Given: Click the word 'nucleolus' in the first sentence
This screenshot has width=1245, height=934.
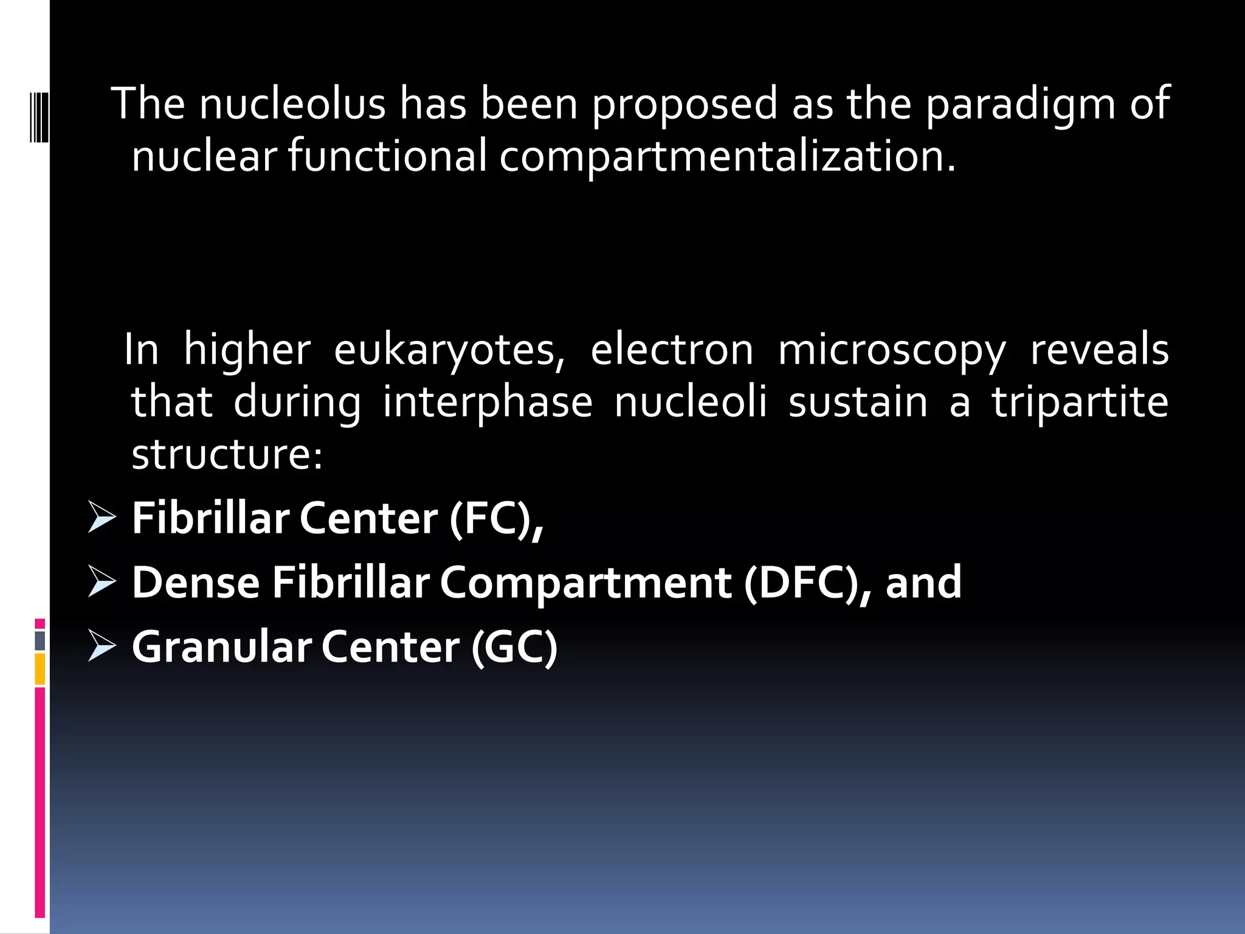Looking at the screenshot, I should tap(292, 103).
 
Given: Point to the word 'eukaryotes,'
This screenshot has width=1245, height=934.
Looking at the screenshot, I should tap(449, 351).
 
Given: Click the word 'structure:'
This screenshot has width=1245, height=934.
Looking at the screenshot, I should tap(227, 454).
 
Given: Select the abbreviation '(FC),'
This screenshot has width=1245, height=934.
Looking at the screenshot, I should tap(496, 519).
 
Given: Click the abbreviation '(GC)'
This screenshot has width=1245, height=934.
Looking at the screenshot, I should tap(514, 647).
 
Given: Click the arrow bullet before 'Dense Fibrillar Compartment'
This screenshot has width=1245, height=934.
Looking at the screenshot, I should tap(102, 581).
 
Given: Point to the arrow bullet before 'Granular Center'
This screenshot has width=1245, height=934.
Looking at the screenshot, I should tap(102, 645).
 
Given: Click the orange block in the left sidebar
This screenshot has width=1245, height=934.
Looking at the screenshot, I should tap(40, 669).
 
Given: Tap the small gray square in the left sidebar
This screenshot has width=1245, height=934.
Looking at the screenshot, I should tap(40, 640).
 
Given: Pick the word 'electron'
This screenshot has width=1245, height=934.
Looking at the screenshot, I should tap(672, 351).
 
